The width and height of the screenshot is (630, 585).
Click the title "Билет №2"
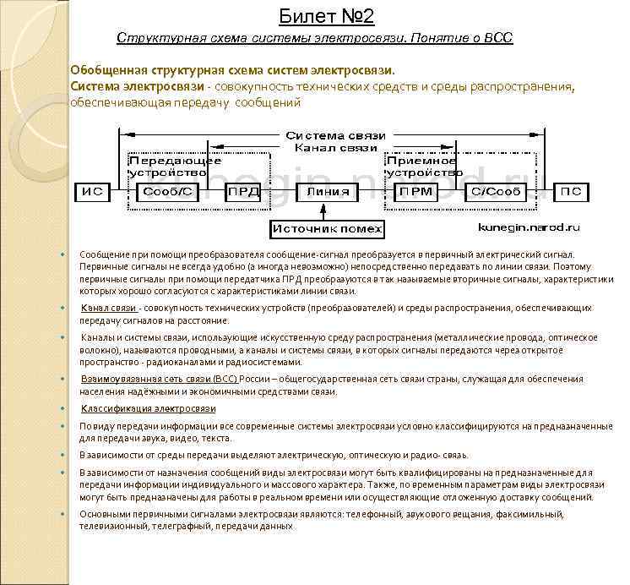[x=326, y=16]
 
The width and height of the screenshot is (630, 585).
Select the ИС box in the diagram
[x=92, y=192]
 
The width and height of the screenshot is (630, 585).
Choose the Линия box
[x=327, y=192]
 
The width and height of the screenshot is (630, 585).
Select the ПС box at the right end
[x=571, y=192]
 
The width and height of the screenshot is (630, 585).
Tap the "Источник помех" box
[x=327, y=228]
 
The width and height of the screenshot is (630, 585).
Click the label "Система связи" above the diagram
[x=335, y=135]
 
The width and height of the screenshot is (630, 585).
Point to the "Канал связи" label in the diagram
[x=335, y=148]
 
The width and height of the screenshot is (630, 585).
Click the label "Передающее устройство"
[x=175, y=166]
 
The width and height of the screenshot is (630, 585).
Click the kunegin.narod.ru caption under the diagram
[x=529, y=227]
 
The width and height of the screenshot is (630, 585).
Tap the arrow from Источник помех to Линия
[x=327, y=210]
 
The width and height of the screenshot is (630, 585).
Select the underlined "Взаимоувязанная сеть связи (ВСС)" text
[x=159, y=380]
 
